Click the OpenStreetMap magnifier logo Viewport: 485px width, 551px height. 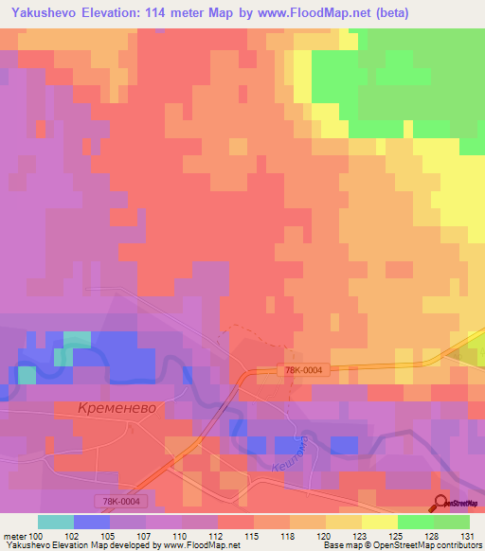[x=440, y=503]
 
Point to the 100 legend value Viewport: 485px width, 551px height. [x=36, y=536]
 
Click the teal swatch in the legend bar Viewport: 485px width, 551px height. [x=56, y=522]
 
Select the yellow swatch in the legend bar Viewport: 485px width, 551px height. [x=380, y=522]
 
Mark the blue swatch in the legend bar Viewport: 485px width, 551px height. [x=92, y=522]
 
